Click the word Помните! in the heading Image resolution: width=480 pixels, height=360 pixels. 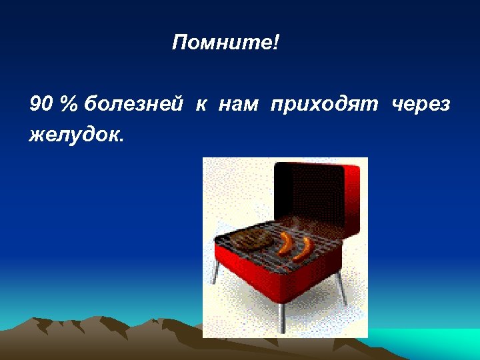pos(225,44)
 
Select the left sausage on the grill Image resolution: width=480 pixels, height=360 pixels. pos(285,244)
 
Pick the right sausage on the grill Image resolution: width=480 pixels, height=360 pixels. pos(304,249)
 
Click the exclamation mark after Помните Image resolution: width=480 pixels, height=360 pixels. pos(276,44)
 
